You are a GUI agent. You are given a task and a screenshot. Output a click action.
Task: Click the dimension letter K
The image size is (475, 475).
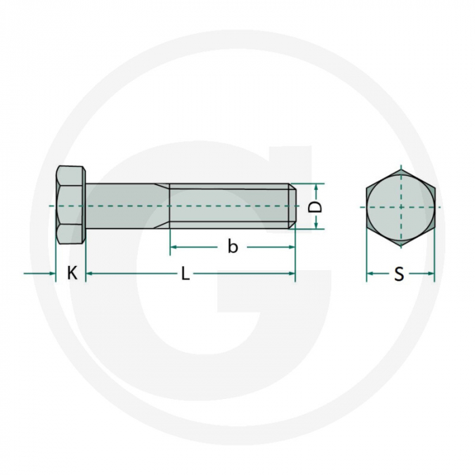tap(73, 273)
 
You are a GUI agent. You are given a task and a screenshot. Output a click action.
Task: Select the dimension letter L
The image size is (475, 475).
tap(185, 273)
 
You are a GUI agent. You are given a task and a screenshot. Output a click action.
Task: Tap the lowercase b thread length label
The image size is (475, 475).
tap(233, 247)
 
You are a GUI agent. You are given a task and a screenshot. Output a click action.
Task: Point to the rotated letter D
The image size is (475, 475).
tap(315, 206)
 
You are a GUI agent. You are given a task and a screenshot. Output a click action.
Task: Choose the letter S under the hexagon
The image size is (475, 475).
tap(399, 274)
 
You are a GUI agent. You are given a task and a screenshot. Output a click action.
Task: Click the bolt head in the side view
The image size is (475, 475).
tap(71, 206)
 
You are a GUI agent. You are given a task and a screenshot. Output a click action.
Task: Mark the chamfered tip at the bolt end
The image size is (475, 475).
tap(293, 206)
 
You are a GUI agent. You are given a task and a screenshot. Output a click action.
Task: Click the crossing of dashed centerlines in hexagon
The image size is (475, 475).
tap(400, 206)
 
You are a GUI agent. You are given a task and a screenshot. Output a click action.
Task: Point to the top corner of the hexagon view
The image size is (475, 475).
tap(400, 168)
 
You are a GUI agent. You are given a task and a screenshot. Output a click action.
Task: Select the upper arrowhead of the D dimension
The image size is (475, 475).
tap(316, 187)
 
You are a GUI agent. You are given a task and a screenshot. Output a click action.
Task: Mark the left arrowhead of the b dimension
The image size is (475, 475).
tap(173, 247)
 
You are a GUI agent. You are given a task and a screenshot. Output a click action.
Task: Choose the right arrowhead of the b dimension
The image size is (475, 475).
tap(292, 247)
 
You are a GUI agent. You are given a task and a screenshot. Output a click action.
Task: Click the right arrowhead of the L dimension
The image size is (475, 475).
tap(292, 273)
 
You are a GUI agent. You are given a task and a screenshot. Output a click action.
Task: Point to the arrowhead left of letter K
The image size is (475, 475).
tap(52, 273)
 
